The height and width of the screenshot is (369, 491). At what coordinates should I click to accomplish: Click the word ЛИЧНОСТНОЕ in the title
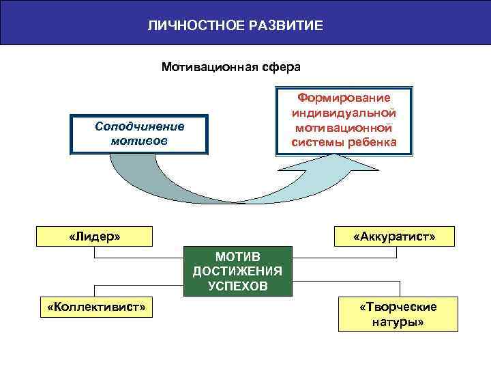click(185, 27)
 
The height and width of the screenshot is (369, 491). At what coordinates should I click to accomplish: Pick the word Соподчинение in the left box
click(140, 127)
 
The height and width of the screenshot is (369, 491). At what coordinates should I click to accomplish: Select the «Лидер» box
click(95, 236)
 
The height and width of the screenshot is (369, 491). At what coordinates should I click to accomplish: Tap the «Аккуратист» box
click(394, 236)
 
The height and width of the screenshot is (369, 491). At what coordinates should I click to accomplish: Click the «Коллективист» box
click(96, 307)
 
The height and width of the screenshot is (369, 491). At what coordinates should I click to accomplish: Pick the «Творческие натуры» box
click(398, 314)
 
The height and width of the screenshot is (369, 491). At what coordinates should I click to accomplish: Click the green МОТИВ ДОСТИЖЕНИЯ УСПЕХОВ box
click(237, 271)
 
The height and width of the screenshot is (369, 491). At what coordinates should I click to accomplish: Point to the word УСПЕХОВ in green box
click(237, 286)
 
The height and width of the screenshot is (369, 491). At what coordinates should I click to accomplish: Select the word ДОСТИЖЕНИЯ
click(237, 271)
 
